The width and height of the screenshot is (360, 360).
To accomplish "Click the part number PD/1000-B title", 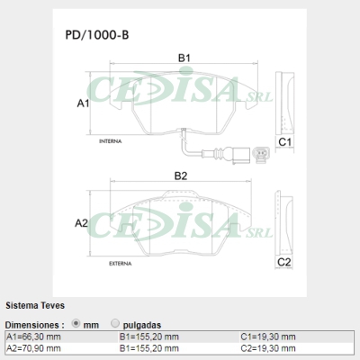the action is [x=97, y=35].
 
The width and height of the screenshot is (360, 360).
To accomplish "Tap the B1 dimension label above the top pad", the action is [x=184, y=58].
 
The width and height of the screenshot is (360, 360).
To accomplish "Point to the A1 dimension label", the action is [x=83, y=103].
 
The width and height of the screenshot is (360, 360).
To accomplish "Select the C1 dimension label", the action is [x=284, y=142].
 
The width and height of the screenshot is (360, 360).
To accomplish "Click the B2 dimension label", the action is [x=181, y=175].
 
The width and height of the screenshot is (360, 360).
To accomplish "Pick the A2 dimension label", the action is [x=81, y=223].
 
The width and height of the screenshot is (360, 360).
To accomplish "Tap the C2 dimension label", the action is [x=283, y=262].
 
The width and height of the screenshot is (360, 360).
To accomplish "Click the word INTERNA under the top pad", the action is [x=111, y=141].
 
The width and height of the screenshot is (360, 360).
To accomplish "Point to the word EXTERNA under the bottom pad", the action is [x=121, y=264].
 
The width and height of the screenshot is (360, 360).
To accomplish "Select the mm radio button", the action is [x=76, y=324].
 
